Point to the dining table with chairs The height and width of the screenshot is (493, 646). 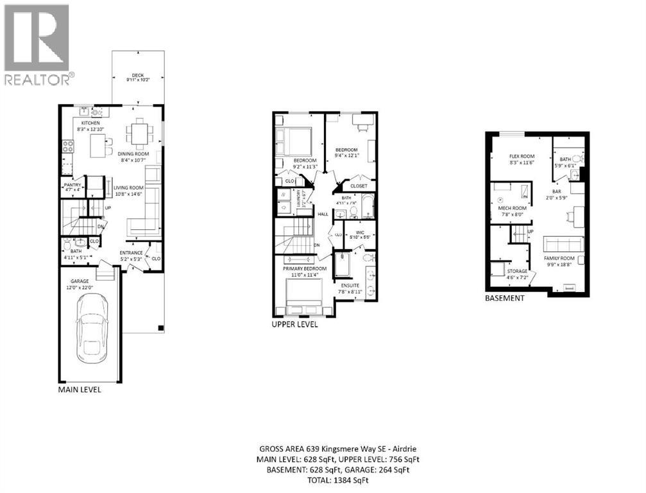point(140,134)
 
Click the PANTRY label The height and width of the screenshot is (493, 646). point(72,185)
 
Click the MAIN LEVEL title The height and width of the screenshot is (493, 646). point(80,389)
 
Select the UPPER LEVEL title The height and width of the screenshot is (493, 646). point(295,324)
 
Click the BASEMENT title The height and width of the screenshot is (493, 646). point(504,298)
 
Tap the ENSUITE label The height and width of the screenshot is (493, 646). point(350,284)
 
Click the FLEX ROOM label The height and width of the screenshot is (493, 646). point(522,156)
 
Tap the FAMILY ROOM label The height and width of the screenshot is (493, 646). point(557,257)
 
